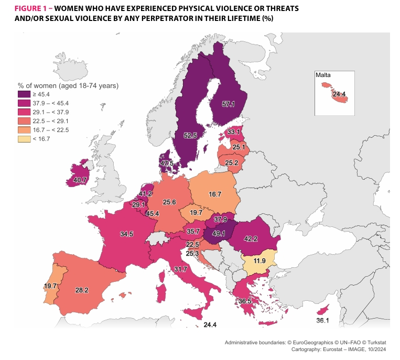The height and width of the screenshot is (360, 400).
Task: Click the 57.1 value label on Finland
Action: (228, 104)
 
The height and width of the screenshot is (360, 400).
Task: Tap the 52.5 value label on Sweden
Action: (190, 135)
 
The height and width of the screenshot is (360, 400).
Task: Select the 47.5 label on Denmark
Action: (167, 163)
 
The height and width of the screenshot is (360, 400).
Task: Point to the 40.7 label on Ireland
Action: (80, 180)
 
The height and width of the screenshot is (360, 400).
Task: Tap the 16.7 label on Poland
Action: (215, 194)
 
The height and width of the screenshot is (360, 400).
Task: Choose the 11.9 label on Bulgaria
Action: (260, 260)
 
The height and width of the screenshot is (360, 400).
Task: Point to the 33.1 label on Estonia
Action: (234, 132)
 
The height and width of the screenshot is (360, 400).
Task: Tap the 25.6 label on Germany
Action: (169, 202)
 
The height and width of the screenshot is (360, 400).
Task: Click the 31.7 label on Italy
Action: (180, 269)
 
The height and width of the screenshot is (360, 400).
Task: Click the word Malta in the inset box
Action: (323, 75)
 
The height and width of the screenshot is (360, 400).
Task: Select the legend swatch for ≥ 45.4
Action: (24, 94)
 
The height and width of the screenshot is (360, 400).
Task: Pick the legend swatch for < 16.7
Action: (24, 138)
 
